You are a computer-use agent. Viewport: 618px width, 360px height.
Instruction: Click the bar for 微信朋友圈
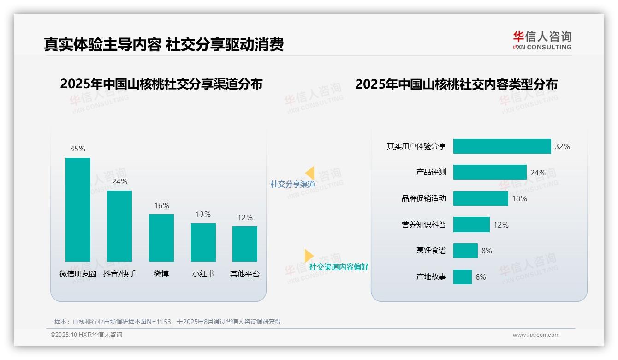pyautogui.click(x=78, y=210)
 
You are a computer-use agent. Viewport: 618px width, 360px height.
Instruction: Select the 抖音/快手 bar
pyautogui.click(x=119, y=226)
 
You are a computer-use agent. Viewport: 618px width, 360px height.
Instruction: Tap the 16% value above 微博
pyautogui.click(x=161, y=206)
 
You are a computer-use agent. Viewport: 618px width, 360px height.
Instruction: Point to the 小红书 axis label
pyautogui.click(x=203, y=274)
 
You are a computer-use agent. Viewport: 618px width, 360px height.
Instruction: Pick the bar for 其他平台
pyautogui.click(x=245, y=244)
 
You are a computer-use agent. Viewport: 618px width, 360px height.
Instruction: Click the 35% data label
pyautogui.click(x=77, y=149)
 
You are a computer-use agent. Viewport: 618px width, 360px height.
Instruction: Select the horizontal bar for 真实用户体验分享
pyautogui.click(x=502, y=146)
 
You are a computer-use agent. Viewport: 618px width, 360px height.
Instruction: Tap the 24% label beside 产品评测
pyautogui.click(x=538, y=173)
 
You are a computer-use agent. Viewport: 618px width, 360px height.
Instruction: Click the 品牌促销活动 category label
pyautogui.click(x=423, y=198)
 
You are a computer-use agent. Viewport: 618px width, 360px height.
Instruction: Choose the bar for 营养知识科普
pyautogui.click(x=471, y=225)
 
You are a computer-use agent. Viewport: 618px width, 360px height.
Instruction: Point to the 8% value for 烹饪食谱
pyautogui.click(x=487, y=251)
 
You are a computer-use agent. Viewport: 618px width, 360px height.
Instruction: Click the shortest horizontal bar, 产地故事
pyautogui.click(x=462, y=277)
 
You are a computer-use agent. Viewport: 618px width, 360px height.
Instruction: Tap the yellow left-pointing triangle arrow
pyautogui.click(x=310, y=173)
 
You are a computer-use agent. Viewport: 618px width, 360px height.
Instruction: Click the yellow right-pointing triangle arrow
pyautogui.click(x=309, y=256)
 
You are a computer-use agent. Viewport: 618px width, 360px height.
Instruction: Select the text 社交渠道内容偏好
pyautogui.click(x=339, y=267)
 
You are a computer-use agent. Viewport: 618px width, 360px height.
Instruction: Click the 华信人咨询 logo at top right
pyautogui.click(x=542, y=41)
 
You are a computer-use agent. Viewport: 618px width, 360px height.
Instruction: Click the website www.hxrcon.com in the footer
pyautogui.click(x=535, y=335)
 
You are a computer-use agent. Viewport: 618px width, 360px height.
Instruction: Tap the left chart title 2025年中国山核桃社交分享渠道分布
pyautogui.click(x=161, y=84)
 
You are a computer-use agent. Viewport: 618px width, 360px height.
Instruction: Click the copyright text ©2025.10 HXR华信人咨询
pyautogui.click(x=86, y=335)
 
